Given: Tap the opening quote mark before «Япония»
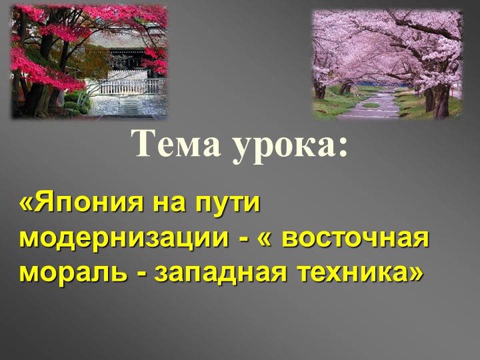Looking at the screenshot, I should coord(27,203).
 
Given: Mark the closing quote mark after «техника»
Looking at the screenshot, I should coord(415,272).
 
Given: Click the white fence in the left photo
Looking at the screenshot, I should coord(133,86).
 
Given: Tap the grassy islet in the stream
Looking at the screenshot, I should coord(371,105).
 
